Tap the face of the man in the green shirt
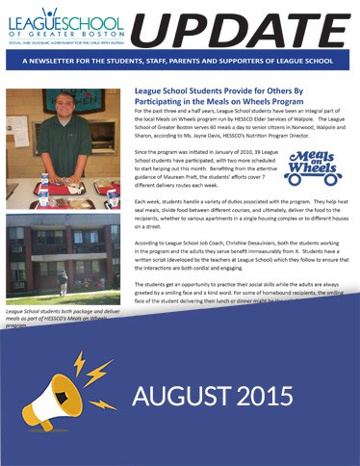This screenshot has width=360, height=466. click(x=64, y=119)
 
